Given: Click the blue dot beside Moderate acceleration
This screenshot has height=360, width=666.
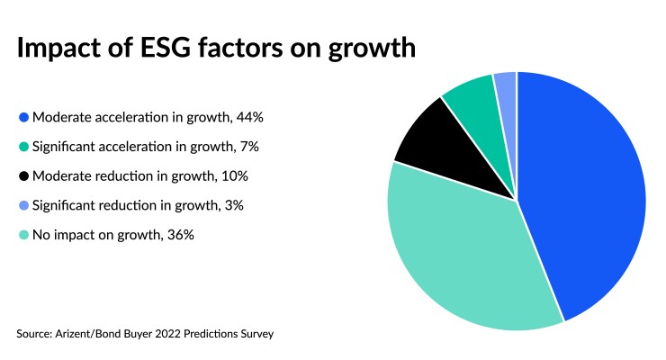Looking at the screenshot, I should (x=23, y=117).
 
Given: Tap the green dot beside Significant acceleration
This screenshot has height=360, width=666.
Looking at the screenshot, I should (x=23, y=147).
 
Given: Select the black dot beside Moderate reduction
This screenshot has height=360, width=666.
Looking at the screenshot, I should (x=23, y=175).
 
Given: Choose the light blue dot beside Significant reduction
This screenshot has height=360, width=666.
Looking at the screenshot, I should (x=23, y=205).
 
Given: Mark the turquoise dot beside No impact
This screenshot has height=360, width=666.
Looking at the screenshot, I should (x=23, y=235).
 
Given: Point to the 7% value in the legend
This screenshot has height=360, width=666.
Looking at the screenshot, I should (x=231, y=147).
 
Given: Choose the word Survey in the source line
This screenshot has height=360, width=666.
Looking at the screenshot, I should (x=254, y=334).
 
